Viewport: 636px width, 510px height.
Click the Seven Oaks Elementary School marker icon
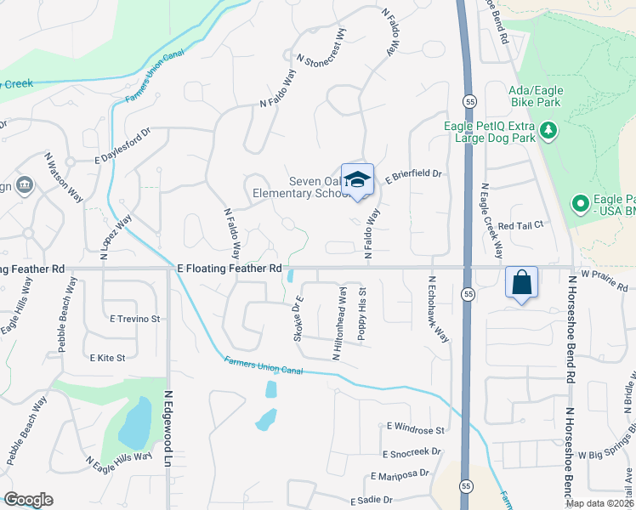pyautogui.click(x=357, y=179)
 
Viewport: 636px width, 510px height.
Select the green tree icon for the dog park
pyautogui.click(x=549, y=130)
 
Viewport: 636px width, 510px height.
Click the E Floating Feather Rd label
pyautogui.click(x=229, y=268)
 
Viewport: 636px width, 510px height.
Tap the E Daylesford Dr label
pyautogui.click(x=122, y=145)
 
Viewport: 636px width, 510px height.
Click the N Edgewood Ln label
pyautogui.click(x=168, y=427)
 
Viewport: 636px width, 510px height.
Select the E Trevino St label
pyautogui.click(x=135, y=319)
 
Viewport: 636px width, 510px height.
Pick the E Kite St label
pyautogui.click(x=107, y=359)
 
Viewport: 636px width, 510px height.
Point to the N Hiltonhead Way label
pyautogui.click(x=340, y=323)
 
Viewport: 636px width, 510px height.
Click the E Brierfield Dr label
pyautogui.click(x=414, y=176)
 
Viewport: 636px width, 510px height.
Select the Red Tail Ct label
pyautogui.click(x=520, y=225)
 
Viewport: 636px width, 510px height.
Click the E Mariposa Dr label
pyautogui.click(x=400, y=476)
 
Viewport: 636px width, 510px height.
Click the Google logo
pyautogui.click(x=28, y=500)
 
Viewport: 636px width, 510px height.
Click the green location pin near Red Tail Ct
pyautogui.click(x=581, y=204)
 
